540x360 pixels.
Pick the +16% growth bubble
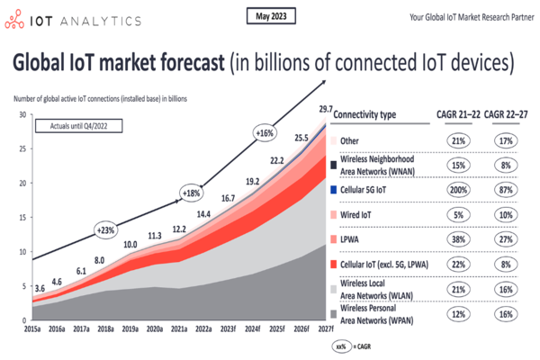264,133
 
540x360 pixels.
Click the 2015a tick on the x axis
32,329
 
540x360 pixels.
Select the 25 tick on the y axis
22,149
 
